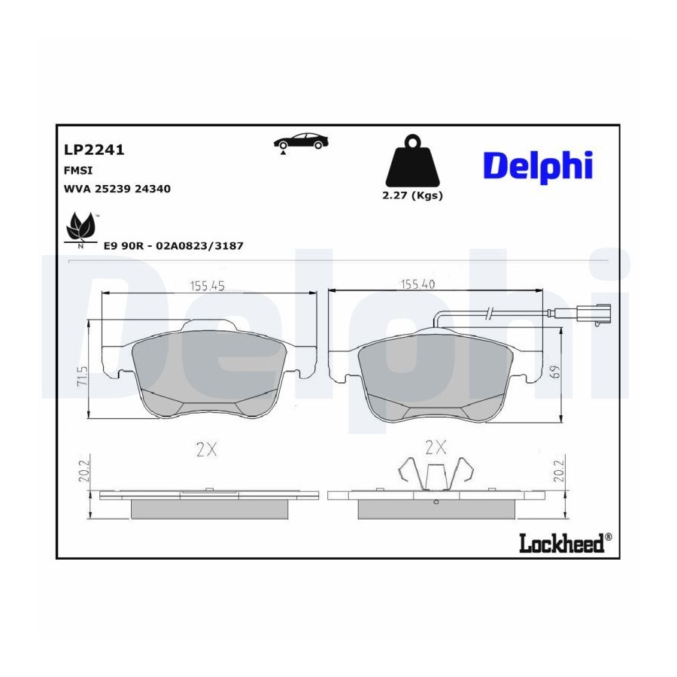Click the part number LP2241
tap(94, 150)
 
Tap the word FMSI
tap(78, 171)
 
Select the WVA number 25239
tap(112, 189)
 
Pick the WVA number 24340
tap(153, 189)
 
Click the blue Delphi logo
tap(538, 167)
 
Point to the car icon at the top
tap(300, 142)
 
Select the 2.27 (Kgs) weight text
tap(412, 196)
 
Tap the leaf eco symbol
tap(80, 229)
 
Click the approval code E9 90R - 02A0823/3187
tap(174, 246)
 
